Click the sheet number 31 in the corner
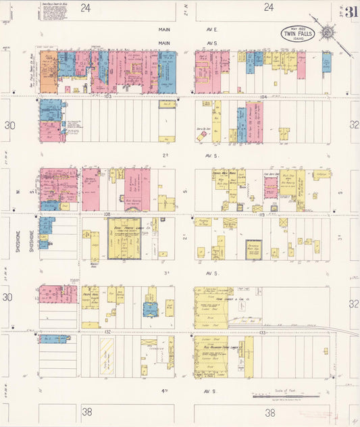pyautogui.click(x=351, y=12)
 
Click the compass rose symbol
pyautogui.click(x=327, y=31)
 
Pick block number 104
pyautogui.click(x=263, y=97)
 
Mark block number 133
pyautogui.click(x=263, y=332)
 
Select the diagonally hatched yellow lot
pyautogui.click(x=107, y=357)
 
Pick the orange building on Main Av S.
pyautogui.click(x=48, y=72)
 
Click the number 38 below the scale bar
pyautogui.click(x=269, y=411)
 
